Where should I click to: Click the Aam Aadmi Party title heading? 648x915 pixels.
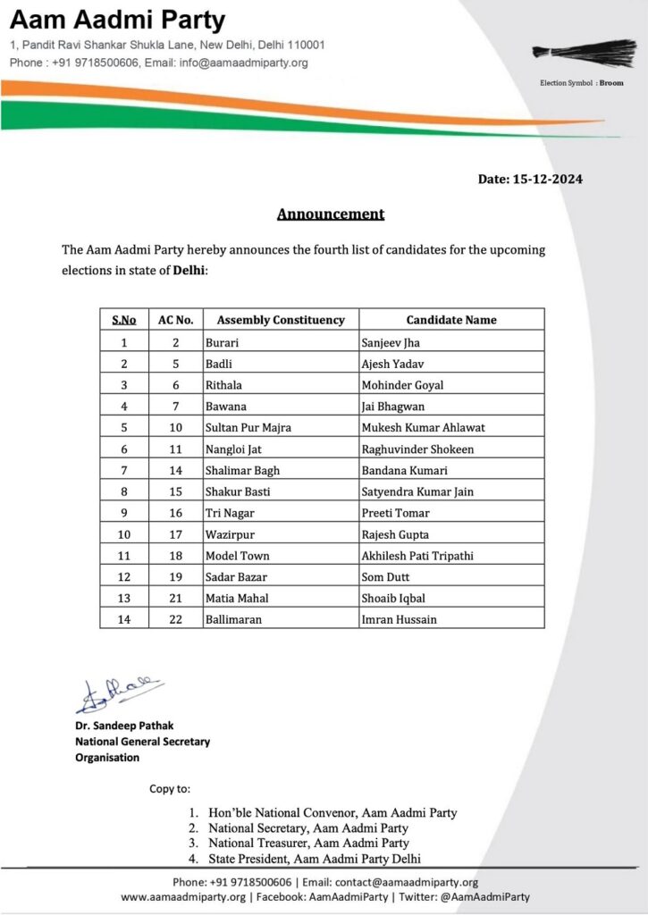118,21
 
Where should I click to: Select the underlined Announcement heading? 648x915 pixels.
331,214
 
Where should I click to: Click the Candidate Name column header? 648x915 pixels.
451,320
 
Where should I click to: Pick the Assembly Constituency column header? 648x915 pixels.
281,320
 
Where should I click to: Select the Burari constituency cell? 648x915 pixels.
223,342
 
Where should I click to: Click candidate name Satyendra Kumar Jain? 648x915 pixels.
417,491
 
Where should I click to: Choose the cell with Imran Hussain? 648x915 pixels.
400,619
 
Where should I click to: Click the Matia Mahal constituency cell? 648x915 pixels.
237,598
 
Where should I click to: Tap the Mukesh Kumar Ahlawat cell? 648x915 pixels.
423,427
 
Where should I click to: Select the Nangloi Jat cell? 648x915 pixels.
234,449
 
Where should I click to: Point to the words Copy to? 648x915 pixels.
169,789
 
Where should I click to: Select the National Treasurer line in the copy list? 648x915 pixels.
308,843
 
